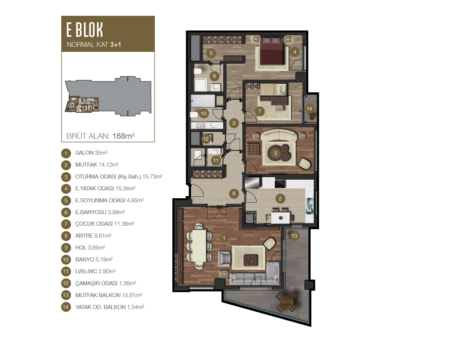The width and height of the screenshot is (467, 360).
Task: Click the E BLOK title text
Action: point(84,30)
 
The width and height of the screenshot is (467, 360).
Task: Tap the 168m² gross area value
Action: point(123,136)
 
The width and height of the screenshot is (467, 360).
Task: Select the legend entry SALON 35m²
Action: point(91,153)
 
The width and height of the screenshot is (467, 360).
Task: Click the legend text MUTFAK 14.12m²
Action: point(97,165)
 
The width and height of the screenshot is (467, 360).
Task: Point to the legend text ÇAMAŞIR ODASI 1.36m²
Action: point(106,283)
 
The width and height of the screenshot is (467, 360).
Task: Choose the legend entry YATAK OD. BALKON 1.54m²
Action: point(109,307)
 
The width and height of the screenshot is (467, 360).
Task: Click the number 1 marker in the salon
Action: point(224,238)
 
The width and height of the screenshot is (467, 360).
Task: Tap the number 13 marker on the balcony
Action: point(294,236)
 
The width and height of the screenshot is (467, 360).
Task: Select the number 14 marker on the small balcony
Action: point(309,109)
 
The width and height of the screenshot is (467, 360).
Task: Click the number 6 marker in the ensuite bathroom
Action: point(214,76)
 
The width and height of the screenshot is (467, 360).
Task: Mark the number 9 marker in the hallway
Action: point(234,123)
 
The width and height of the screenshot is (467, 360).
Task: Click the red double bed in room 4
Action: point(272,51)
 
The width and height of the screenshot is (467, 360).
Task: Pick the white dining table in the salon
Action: point(199,245)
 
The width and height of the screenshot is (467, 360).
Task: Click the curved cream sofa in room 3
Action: point(279,135)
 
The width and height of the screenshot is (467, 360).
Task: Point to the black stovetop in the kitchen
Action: point(280,184)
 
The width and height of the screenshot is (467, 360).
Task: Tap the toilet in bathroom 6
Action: point(197,71)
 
